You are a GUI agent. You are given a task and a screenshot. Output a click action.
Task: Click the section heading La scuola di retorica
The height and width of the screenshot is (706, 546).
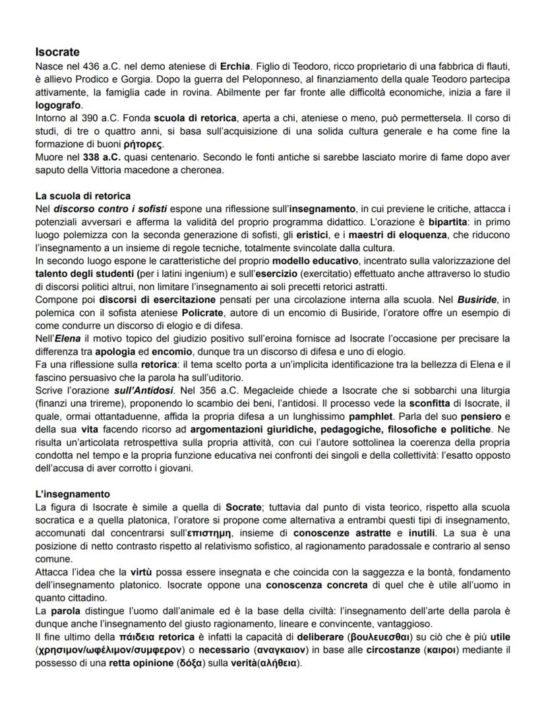pyautogui.click(x=83, y=196)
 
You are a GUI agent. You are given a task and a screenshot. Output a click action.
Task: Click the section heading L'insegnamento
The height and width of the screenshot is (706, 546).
pyautogui.click(x=73, y=494)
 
